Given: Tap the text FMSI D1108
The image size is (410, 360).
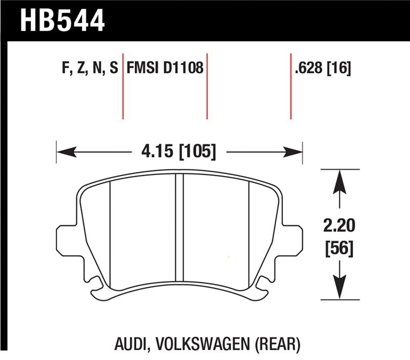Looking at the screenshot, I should coord(165,69).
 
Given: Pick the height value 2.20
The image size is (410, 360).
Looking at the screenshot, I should coord(338,225).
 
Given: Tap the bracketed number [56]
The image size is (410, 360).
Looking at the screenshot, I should coord(338,250).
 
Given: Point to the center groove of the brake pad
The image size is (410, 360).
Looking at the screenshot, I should coord(179,231).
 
